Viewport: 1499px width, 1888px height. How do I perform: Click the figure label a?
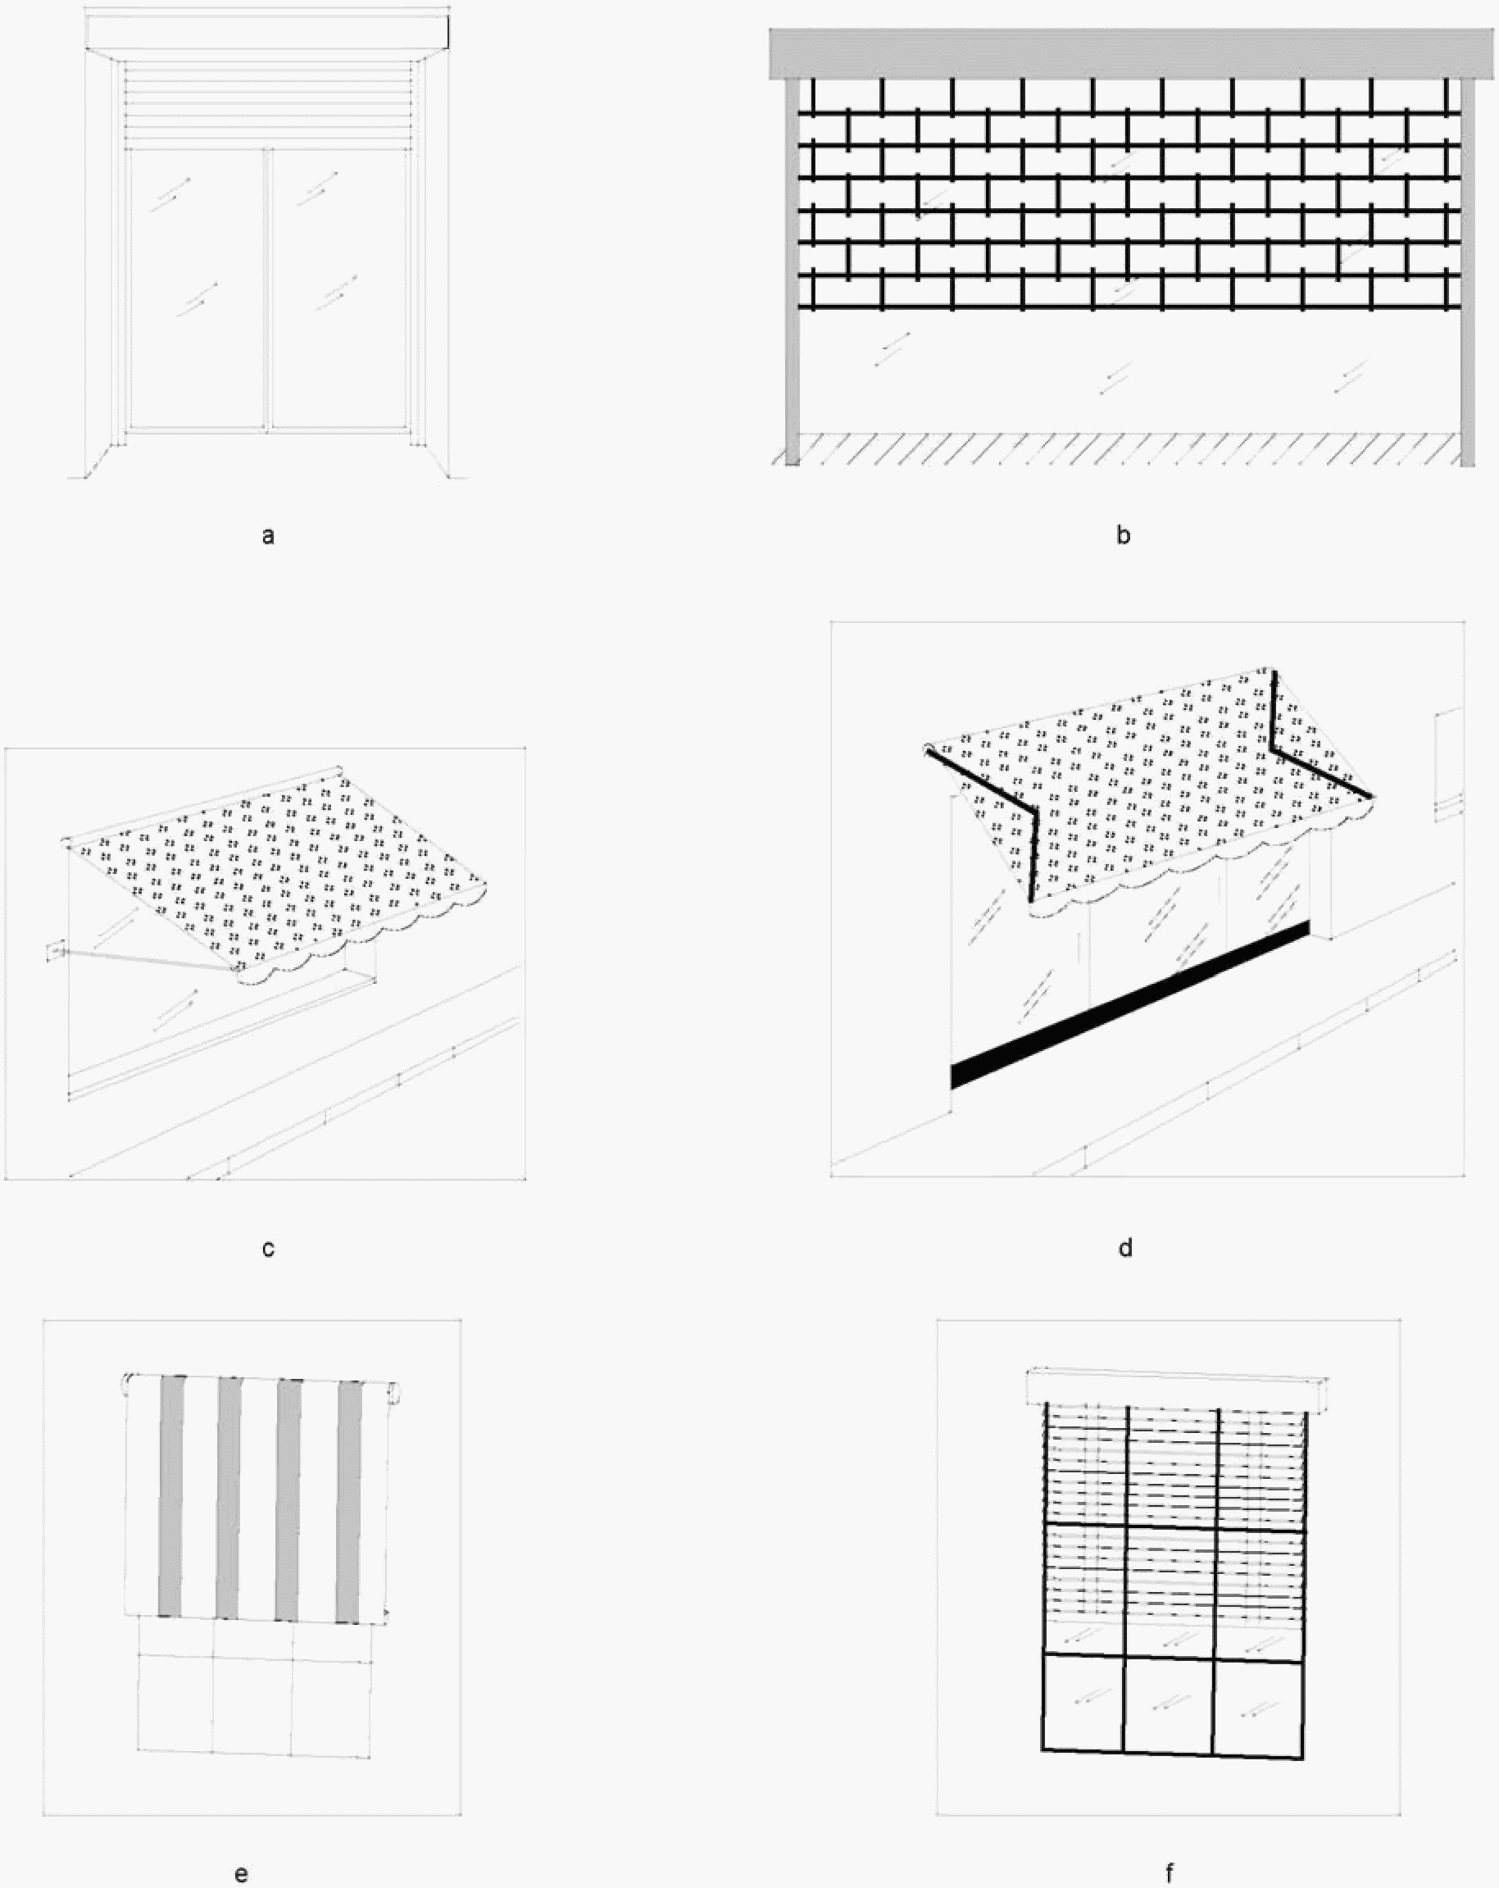(x=268, y=535)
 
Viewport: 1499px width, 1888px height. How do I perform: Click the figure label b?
(x=1124, y=535)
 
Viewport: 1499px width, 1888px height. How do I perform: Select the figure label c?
(x=268, y=1248)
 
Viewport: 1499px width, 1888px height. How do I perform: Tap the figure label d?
(x=1125, y=1248)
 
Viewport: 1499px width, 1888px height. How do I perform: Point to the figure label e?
(x=242, y=1874)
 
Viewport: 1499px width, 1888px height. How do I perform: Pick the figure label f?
(x=1170, y=1874)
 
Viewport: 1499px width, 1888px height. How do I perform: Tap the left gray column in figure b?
(x=793, y=271)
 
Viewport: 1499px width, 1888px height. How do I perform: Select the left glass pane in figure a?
(x=196, y=289)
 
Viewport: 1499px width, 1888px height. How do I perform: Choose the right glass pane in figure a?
(x=340, y=289)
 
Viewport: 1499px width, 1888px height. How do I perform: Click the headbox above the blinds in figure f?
(x=1176, y=1391)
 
